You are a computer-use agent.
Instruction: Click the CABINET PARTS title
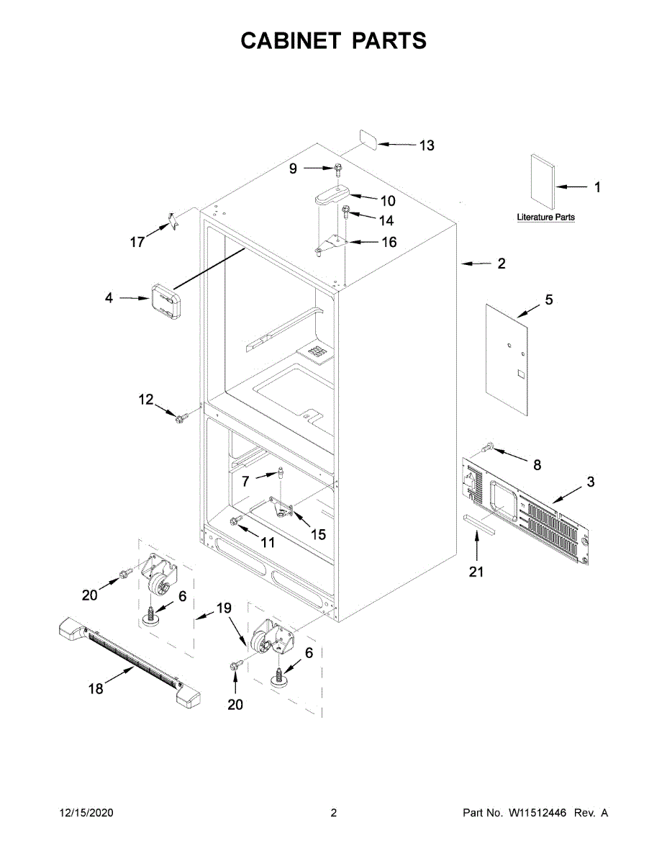pos(333,41)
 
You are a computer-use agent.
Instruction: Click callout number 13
pos(427,145)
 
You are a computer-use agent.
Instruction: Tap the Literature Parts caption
pos(546,217)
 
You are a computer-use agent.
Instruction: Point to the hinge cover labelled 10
pos(331,195)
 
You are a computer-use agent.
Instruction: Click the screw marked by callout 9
pos(338,169)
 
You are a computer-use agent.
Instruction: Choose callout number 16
pos(389,243)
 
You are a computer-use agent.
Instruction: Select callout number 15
pos(317,534)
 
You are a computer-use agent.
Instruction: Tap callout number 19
pos(224,608)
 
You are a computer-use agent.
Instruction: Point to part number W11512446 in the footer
pos(538,813)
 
